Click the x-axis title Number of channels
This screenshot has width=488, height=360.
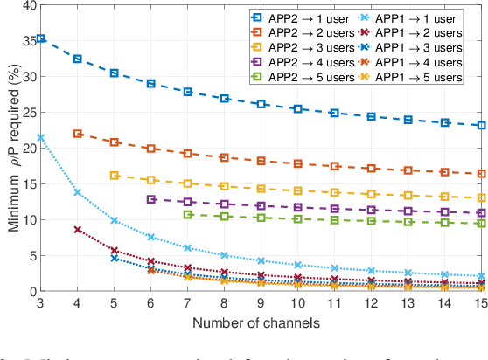(x=260, y=322)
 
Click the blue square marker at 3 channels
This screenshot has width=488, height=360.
(x=40, y=39)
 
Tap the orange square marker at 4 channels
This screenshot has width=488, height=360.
(x=77, y=134)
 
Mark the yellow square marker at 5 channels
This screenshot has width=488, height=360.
(x=114, y=176)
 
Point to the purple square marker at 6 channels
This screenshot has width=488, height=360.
(x=150, y=199)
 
